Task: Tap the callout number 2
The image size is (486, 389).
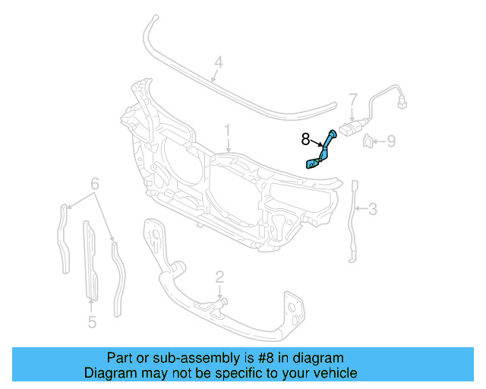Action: [x=219, y=277]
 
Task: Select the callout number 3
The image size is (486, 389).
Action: [x=372, y=208]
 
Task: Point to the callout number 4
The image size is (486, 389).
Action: [x=217, y=63]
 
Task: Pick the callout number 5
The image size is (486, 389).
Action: [x=91, y=322]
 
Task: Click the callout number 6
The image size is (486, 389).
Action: [x=95, y=185]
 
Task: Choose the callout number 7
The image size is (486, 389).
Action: [x=353, y=100]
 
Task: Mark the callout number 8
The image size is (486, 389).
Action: [x=305, y=139]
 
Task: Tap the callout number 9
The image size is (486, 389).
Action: [x=391, y=140]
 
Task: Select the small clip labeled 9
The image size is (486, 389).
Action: [x=368, y=140]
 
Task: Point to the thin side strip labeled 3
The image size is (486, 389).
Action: [x=353, y=220]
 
